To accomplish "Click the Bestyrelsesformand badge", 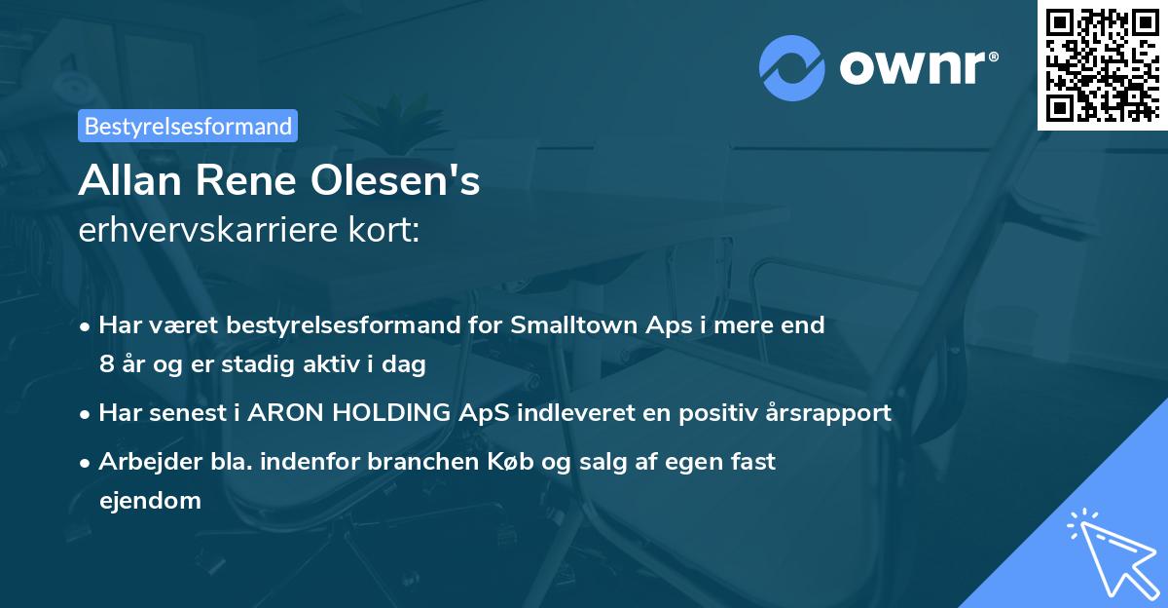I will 188,126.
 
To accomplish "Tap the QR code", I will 1102,64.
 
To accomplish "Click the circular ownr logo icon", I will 792,67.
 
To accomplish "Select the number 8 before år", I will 105,365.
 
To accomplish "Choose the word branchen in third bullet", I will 412,461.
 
